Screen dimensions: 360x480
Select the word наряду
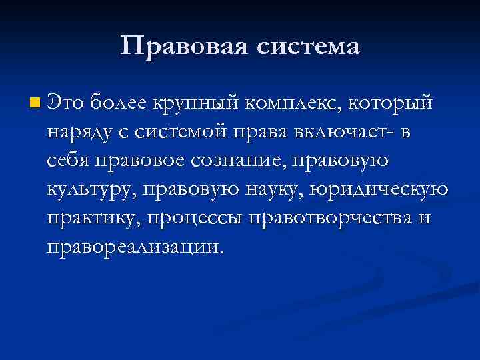(78, 133)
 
